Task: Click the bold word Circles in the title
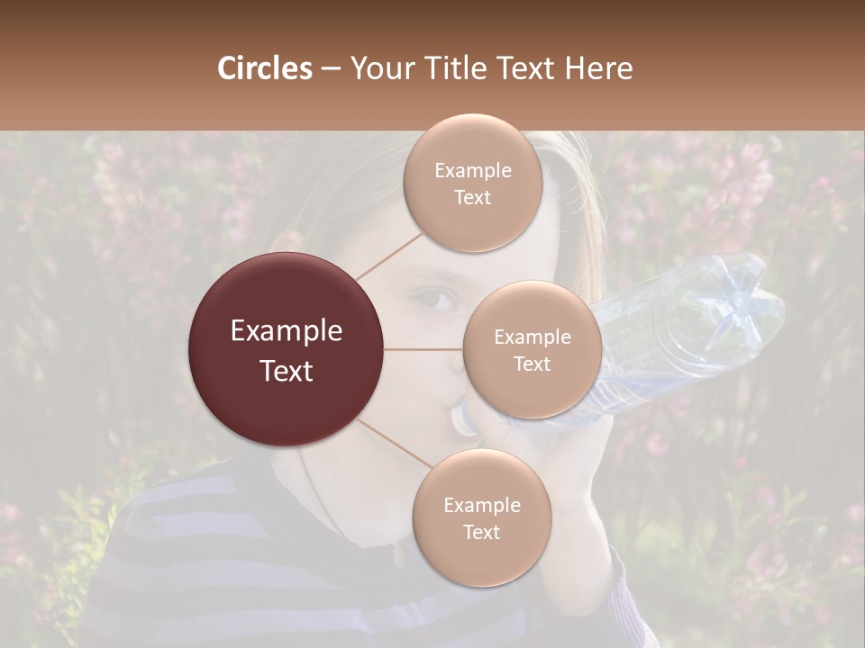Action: coord(264,68)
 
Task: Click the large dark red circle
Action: coord(287,349)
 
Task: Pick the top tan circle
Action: coord(473,183)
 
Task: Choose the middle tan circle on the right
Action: coord(532,349)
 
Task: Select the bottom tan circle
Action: coord(481,517)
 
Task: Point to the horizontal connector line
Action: coord(423,349)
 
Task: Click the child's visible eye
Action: coord(437,300)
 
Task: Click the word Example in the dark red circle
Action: coord(287,331)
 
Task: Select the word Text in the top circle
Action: coord(473,197)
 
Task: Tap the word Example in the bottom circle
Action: coord(481,505)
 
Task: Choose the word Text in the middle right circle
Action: coord(532,364)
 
